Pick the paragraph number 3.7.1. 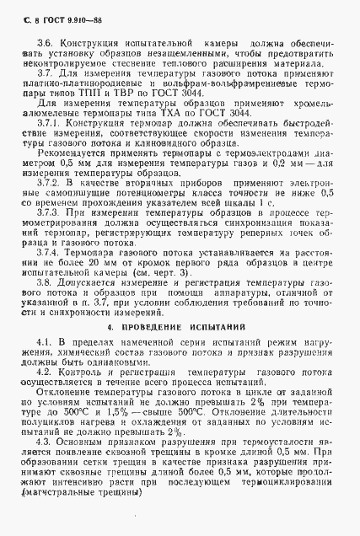coord(49,124)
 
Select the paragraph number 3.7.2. coord(49,183)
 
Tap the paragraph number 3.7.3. coord(49,212)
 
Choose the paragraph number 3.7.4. coord(49,251)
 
